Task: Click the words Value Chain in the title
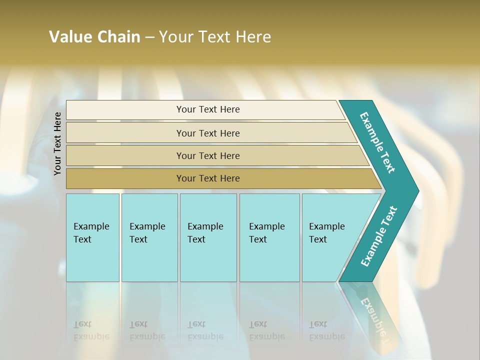[94, 37]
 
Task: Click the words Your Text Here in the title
[215, 37]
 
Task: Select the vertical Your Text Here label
[58, 143]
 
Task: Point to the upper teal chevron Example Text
[377, 142]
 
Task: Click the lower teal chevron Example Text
[379, 236]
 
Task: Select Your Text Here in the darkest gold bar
[208, 178]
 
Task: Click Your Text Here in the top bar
[208, 109]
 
